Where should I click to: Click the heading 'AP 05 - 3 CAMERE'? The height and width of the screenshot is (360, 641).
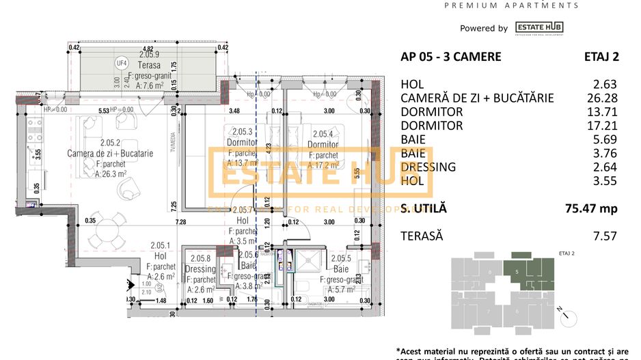450,57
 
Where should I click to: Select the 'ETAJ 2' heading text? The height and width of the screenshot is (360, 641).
601,57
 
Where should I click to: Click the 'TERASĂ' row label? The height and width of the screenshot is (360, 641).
422,236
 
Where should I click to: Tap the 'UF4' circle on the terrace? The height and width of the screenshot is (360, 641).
122,63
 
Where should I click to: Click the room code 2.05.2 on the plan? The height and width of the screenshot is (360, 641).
109,143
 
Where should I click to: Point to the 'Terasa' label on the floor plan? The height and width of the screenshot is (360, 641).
149,62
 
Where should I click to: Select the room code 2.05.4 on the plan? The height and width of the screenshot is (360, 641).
321,135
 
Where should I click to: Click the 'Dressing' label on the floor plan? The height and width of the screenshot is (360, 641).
201,269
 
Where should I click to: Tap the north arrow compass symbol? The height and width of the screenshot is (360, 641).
564,315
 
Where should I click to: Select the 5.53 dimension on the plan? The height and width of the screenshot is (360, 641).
103,110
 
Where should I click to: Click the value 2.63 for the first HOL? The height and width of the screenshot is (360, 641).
605,85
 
